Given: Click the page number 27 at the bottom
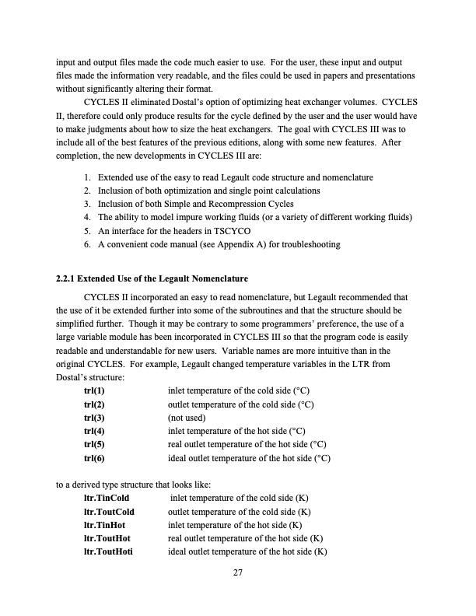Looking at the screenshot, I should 238,574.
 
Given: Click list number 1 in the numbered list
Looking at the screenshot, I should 87,177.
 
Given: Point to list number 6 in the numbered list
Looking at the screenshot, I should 87,246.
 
